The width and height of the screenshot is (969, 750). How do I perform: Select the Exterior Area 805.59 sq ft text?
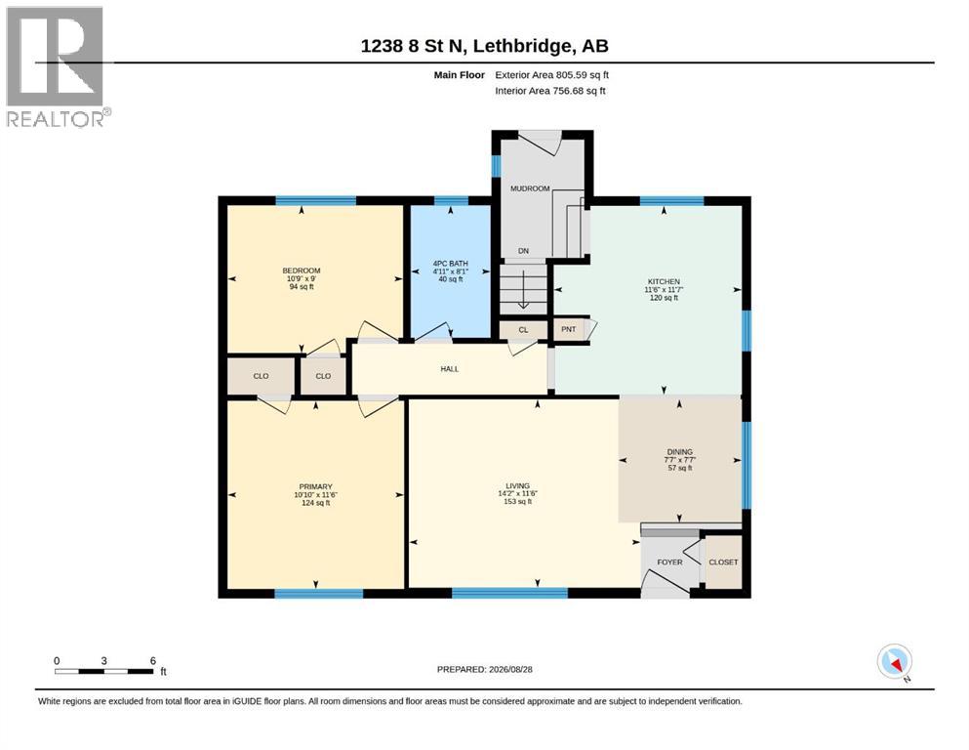tap(552, 75)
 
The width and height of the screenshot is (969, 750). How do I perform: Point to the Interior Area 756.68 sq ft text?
tap(550, 91)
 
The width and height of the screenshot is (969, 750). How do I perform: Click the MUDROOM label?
tap(530, 188)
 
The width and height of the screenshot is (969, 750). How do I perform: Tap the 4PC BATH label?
tap(451, 264)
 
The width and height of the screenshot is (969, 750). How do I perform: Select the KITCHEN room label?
tap(664, 281)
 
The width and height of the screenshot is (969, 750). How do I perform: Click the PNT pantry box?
tap(569, 329)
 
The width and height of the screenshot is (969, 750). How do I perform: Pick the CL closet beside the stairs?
tap(523, 329)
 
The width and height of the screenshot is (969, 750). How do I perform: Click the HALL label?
tap(449, 369)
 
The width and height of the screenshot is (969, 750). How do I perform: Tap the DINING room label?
tap(680, 452)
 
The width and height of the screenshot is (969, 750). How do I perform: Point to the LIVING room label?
tap(518, 486)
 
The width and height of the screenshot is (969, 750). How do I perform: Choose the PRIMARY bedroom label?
tap(316, 486)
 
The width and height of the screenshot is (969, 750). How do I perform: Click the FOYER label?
tap(669, 562)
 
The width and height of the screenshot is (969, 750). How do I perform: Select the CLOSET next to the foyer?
tap(724, 562)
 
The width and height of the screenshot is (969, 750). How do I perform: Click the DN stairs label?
tap(523, 251)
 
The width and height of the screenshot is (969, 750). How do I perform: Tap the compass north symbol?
tap(894, 662)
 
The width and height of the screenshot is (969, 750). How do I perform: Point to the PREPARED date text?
tap(484, 669)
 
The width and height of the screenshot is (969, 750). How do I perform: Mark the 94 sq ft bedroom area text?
tap(302, 287)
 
